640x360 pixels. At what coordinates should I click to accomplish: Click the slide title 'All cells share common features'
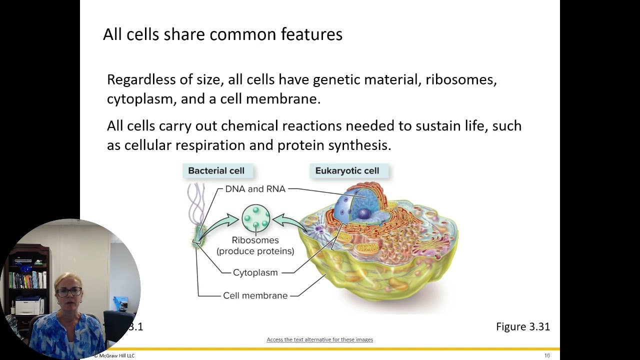pos(222,34)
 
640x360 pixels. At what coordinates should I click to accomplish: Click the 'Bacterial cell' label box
pos(216,171)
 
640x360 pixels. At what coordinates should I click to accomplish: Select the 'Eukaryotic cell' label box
pos(347,171)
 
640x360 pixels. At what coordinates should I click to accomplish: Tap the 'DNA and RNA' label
pos(255,189)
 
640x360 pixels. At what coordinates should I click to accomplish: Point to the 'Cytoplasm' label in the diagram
pos(255,272)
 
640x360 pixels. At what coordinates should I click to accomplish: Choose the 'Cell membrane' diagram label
pos(255,295)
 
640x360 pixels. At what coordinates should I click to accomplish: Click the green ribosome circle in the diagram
pos(255,218)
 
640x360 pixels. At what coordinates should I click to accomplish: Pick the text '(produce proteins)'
pos(255,251)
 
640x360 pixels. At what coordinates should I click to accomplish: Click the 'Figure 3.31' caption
pos(522,326)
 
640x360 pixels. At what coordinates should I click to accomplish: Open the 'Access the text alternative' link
pos(320,339)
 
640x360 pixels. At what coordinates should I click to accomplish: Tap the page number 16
pos(547,355)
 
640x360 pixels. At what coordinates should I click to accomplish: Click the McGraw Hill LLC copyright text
pos(114,355)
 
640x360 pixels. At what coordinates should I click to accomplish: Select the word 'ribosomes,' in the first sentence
pos(461,80)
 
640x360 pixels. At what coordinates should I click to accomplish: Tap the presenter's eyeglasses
pos(71,291)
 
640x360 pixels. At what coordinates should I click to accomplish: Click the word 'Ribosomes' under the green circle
pos(255,240)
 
